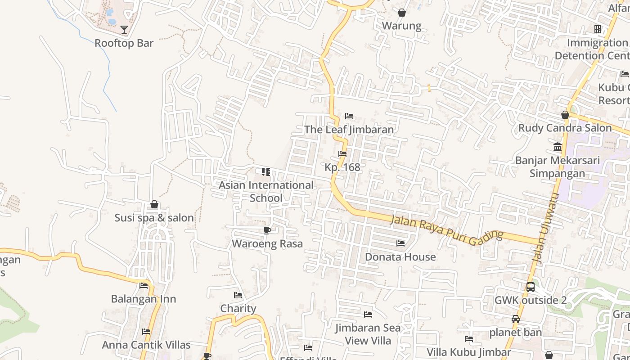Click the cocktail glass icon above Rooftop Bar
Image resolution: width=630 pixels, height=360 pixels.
pos(124,30)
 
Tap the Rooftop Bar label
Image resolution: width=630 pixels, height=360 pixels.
pos(124,43)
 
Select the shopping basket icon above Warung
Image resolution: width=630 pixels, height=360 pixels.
pos(402,13)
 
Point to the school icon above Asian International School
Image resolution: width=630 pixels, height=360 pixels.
pos(266,171)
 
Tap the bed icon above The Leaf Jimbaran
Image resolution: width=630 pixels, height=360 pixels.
pos(349,116)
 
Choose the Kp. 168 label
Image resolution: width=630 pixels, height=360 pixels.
pos(342,167)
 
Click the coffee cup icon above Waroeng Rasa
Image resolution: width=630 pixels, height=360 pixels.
pos(267,231)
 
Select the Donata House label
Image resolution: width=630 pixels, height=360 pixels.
pos(400,257)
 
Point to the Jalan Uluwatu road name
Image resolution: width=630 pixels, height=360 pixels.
pos(545,229)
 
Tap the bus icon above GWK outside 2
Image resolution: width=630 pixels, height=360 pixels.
pos(531,287)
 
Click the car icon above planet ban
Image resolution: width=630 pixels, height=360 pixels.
pos(516,319)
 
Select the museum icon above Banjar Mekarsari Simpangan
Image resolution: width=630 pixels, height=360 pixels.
pos(558,147)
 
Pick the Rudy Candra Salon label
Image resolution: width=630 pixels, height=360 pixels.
pos(565,128)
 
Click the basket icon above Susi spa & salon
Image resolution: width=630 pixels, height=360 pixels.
pos(154,205)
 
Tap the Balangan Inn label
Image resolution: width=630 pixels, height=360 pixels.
pos(144,299)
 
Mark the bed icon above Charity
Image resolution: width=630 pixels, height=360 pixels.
pos(238,295)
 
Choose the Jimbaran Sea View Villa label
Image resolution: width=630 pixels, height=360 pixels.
pos(368,334)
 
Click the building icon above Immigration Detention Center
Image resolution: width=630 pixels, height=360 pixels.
pos(597,29)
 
